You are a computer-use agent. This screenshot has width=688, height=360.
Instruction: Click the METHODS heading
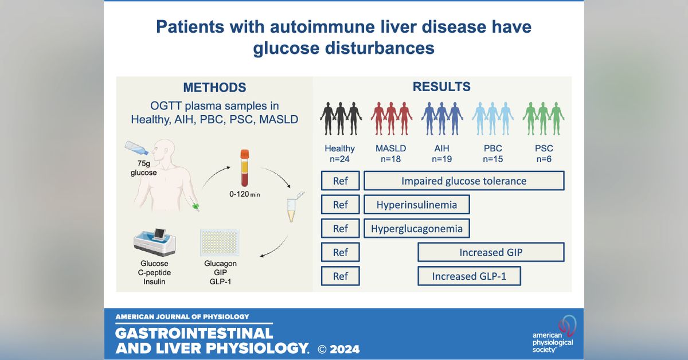click(x=214, y=88)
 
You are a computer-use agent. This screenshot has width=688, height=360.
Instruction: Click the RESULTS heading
click(x=441, y=87)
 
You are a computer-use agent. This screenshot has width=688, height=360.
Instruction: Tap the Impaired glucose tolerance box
click(x=464, y=181)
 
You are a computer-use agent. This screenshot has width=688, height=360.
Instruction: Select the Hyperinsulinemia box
click(x=417, y=205)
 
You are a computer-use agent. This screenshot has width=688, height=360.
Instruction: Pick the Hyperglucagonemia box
click(x=417, y=228)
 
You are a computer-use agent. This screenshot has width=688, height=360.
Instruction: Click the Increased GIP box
click(x=491, y=252)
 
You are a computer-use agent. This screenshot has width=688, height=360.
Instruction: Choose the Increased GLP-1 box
click(x=470, y=276)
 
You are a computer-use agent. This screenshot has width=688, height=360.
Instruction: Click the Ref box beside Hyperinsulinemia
click(x=341, y=205)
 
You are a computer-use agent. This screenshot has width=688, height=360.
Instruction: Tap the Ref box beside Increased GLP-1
click(x=341, y=276)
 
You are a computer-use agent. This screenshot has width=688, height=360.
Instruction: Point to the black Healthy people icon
click(x=341, y=119)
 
